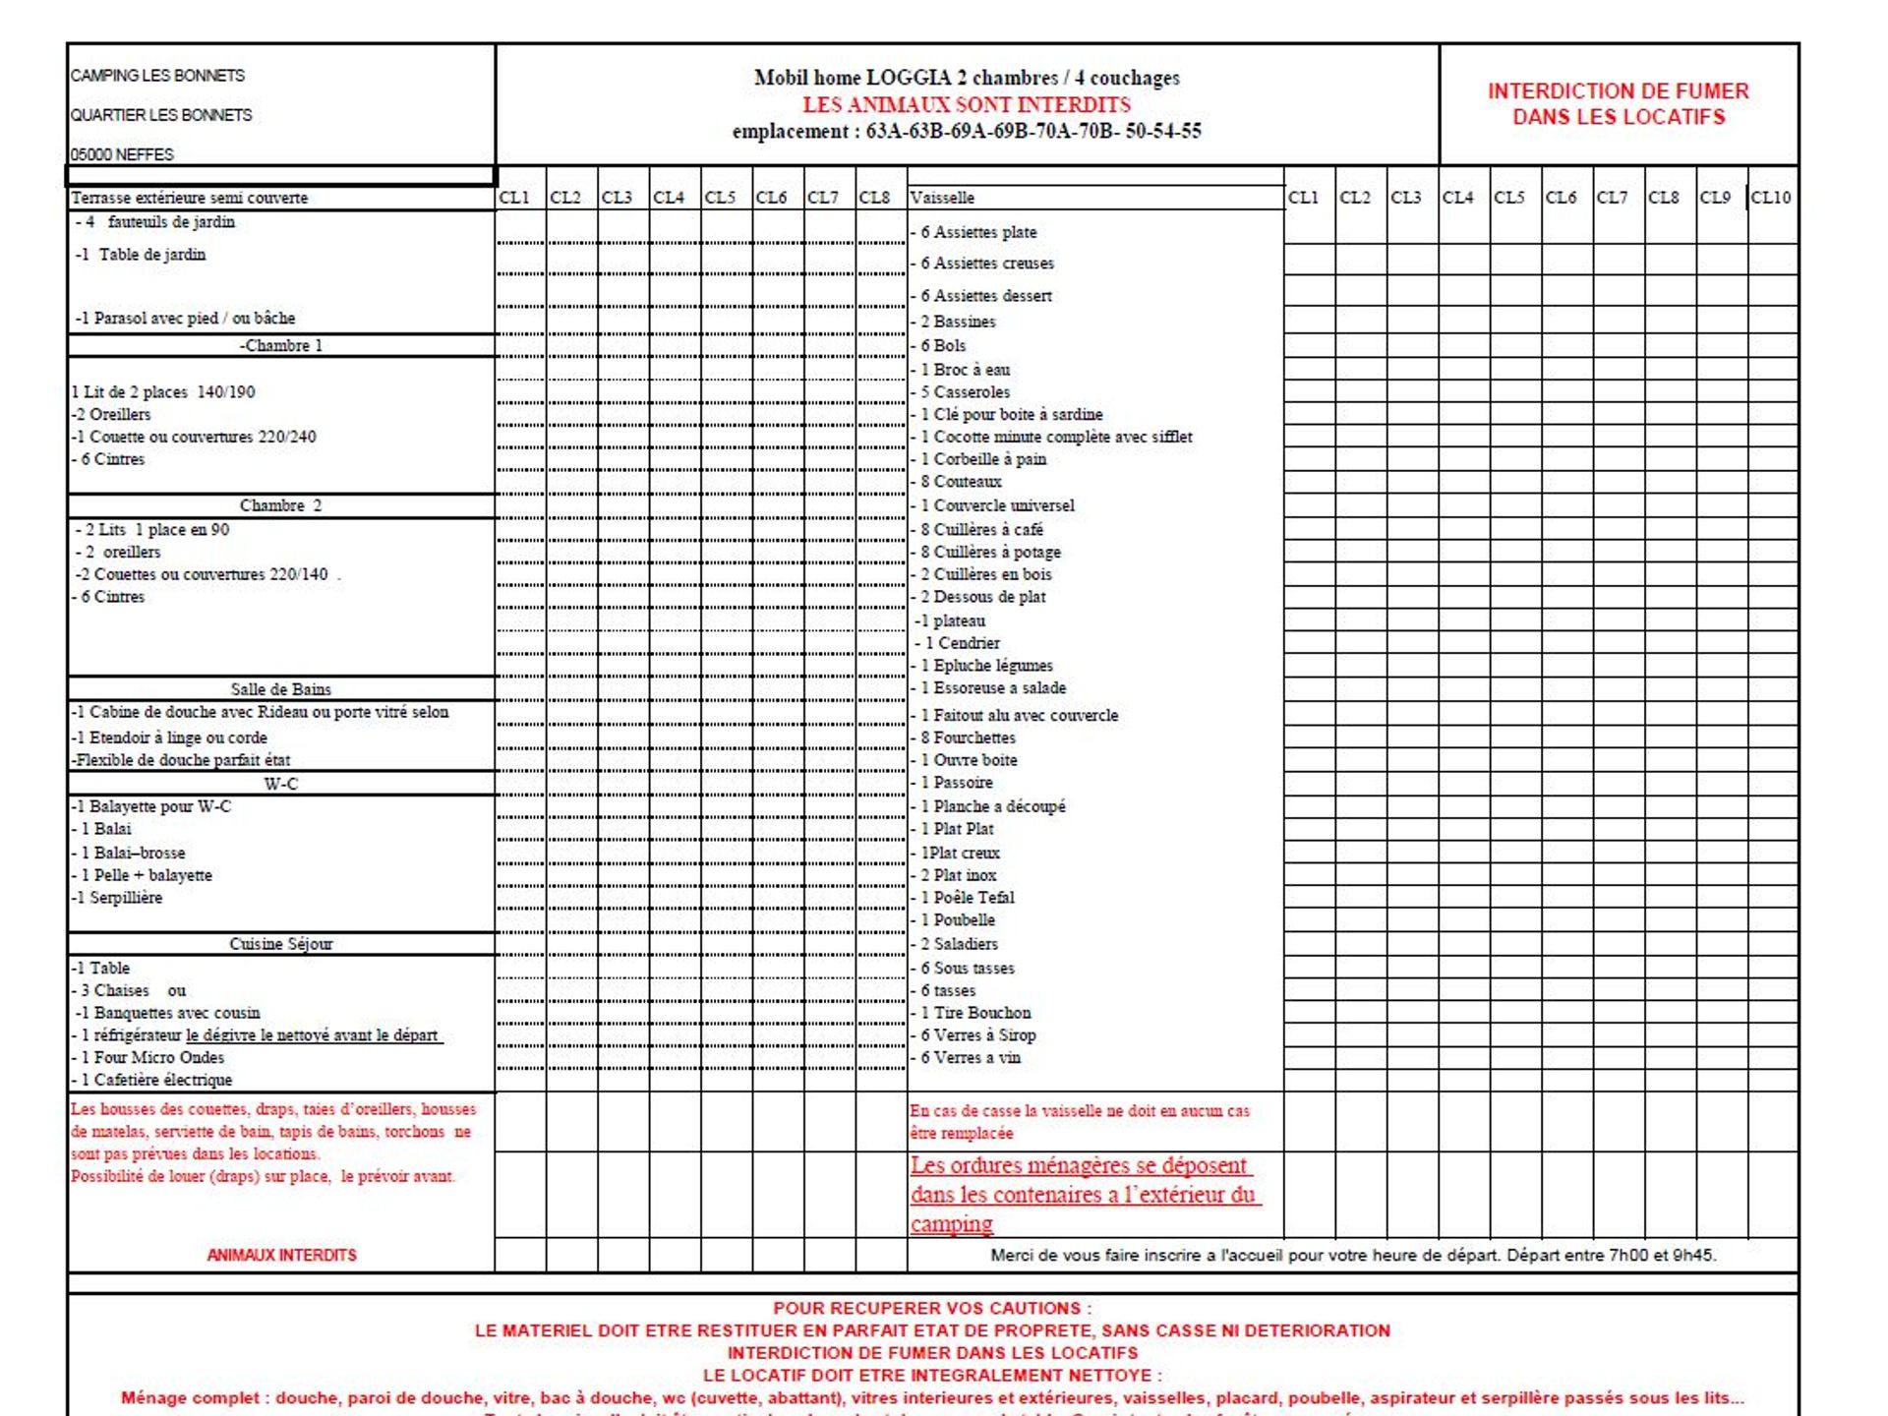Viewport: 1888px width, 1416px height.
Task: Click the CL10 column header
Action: coord(1770,198)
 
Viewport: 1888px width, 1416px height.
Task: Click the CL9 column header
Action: coord(1715,198)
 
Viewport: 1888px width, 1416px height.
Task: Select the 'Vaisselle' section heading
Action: coord(942,198)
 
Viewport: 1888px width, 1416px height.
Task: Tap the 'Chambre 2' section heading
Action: coord(280,505)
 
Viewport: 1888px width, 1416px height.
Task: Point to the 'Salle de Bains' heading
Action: coord(280,689)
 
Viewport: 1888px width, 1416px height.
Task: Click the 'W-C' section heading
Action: coord(280,784)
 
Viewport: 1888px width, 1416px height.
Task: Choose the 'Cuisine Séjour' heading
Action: coord(280,944)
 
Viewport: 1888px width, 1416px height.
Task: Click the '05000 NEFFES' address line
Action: coord(122,154)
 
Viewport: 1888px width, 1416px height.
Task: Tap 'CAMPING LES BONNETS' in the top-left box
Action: coord(157,76)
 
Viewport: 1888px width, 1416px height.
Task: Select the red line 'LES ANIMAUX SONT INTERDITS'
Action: coord(967,104)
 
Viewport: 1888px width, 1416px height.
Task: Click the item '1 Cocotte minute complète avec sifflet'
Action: coord(1056,437)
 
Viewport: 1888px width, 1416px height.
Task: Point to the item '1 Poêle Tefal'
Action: coord(967,898)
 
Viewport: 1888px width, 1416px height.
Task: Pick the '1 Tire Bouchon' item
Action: coord(975,1013)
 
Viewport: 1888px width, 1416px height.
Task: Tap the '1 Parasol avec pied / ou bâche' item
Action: coord(187,319)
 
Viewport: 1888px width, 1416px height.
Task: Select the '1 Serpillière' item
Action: coord(119,898)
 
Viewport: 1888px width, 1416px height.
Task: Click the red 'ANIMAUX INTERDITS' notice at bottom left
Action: coord(281,1255)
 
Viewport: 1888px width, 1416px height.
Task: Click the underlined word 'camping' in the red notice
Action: coord(951,1224)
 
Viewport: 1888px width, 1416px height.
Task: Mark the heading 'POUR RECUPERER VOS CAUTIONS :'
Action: coord(931,1309)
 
